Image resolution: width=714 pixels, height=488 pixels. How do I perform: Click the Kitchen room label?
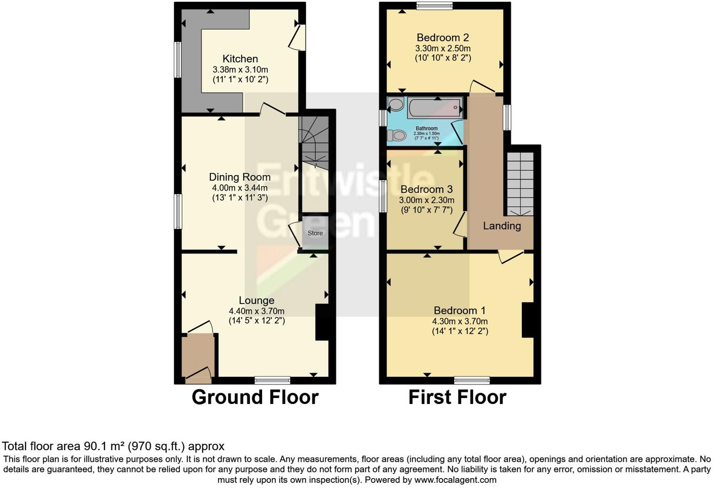click(240, 59)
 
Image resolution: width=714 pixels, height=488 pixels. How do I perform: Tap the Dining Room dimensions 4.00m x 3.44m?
click(240, 188)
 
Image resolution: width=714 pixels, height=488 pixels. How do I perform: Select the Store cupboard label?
click(315, 233)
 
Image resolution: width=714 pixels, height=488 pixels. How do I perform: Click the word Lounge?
click(256, 300)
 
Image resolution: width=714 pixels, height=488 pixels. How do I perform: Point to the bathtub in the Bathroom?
click(435, 108)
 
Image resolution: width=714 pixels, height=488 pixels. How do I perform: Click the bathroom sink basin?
click(396, 104)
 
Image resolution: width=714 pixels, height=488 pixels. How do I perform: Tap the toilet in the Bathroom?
click(397, 136)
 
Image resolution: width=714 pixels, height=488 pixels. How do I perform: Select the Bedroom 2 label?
click(442, 38)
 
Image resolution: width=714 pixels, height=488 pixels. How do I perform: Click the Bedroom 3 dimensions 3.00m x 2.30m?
click(427, 200)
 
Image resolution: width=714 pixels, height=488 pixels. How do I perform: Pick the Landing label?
click(502, 226)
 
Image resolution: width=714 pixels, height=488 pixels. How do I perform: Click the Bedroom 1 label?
click(459, 311)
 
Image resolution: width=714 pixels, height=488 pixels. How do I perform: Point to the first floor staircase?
click(520, 183)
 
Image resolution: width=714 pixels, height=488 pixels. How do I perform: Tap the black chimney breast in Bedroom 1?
click(528, 320)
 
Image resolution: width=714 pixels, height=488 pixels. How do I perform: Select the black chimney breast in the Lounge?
click(322, 322)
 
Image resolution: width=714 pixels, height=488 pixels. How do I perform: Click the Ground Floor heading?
click(255, 397)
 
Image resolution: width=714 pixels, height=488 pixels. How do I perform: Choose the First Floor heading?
click(457, 397)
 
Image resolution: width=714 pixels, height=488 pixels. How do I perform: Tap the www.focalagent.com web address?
click(455, 480)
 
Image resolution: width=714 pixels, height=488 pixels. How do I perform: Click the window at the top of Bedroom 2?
click(434, 6)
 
